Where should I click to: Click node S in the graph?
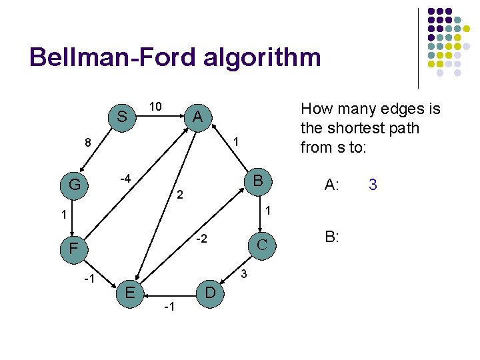click(x=122, y=117)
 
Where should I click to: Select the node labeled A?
click(x=197, y=117)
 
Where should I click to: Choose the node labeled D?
click(x=210, y=293)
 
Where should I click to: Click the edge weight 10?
click(x=155, y=107)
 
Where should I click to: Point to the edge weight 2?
click(x=179, y=196)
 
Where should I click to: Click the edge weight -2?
click(x=201, y=239)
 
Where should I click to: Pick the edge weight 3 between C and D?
click(x=244, y=274)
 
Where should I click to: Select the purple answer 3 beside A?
click(x=373, y=185)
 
